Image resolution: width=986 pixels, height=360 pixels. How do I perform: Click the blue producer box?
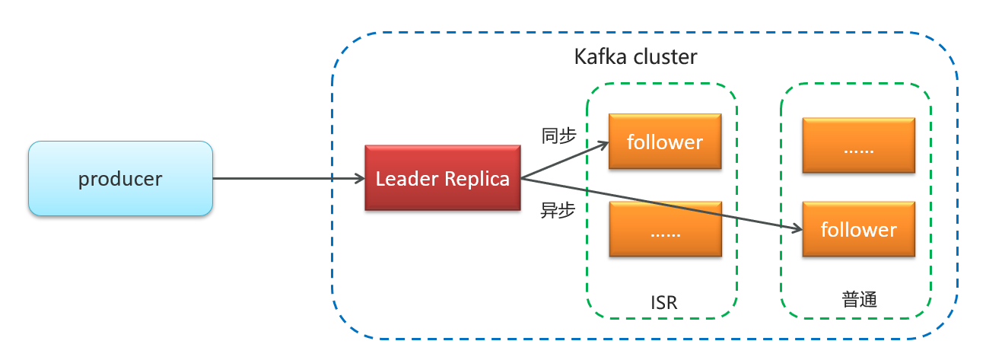click(x=120, y=179)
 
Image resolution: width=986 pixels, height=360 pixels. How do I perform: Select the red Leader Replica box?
click(x=442, y=179)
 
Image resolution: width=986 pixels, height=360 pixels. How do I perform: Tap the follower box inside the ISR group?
click(x=664, y=142)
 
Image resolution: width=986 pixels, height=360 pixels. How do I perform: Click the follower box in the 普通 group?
click(x=859, y=229)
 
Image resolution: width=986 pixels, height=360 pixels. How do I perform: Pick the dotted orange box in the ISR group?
click(x=664, y=229)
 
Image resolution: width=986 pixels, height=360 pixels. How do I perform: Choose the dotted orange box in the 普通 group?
click(x=859, y=145)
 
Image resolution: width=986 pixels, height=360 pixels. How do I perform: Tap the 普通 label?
click(x=860, y=299)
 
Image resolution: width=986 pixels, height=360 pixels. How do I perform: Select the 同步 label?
click(x=558, y=135)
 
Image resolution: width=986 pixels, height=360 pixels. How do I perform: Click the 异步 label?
click(x=557, y=211)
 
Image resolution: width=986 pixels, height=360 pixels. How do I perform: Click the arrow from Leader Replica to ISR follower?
click(x=563, y=161)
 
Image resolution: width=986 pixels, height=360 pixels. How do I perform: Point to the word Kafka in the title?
click(x=598, y=57)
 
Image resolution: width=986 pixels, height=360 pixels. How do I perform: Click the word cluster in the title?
click(x=662, y=57)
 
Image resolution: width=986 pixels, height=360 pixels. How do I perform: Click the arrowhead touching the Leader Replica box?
click(x=360, y=179)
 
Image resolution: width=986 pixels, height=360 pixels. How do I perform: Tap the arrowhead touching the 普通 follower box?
click(x=797, y=228)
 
